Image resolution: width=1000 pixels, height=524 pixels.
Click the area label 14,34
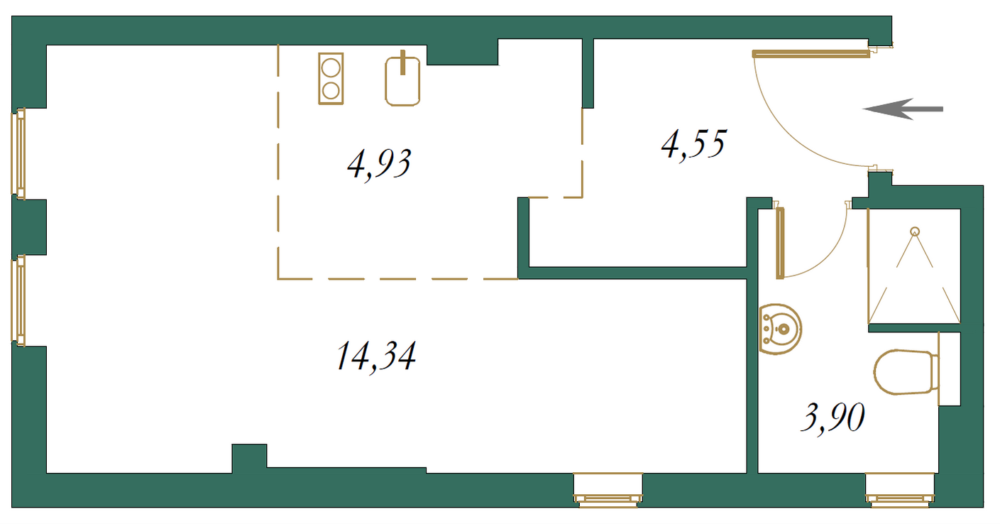(376, 356)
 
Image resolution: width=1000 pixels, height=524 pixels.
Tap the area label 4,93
(379, 165)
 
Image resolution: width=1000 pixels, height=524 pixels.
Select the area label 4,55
(693, 144)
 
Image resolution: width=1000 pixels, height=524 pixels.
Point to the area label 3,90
(833, 417)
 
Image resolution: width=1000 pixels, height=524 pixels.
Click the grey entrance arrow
(903, 109)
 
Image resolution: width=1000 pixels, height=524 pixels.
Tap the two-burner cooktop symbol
(331, 79)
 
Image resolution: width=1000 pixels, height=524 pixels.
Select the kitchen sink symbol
(402, 79)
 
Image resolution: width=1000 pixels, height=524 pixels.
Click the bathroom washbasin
(780, 329)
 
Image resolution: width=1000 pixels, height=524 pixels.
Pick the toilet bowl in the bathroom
(906, 372)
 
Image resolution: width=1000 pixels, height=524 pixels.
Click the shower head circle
(915, 231)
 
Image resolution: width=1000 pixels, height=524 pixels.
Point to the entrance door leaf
(811, 54)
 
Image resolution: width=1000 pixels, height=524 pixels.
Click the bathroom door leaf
(780, 243)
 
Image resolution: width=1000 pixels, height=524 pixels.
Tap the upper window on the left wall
(18, 153)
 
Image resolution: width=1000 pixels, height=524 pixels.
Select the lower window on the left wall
(18, 300)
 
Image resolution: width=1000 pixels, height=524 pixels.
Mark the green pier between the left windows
(29, 227)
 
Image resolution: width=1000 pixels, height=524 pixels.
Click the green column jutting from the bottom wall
(249, 459)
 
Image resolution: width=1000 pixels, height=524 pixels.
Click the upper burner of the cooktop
(331, 69)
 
